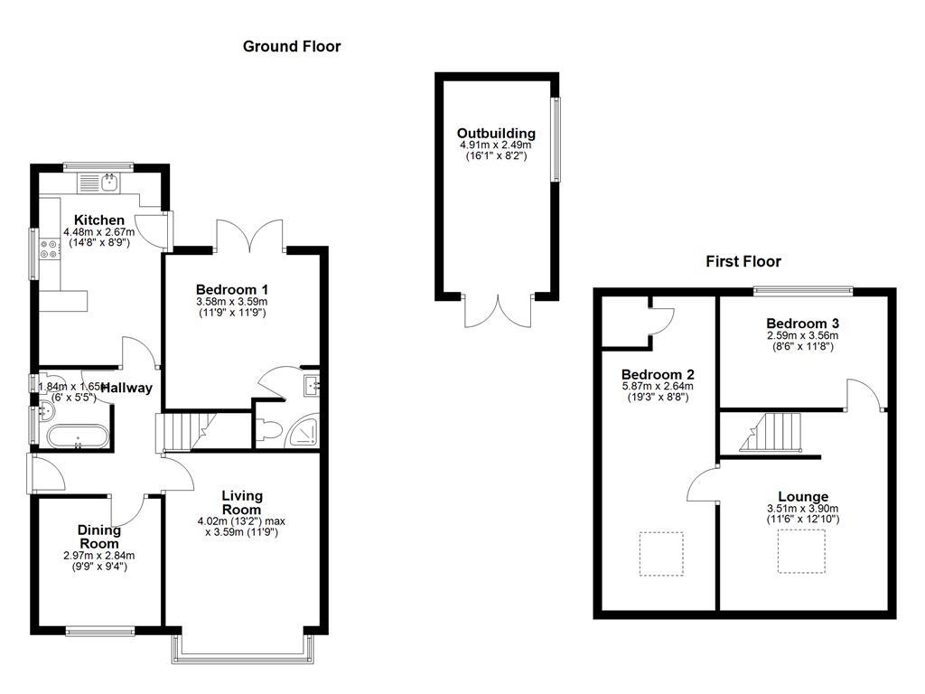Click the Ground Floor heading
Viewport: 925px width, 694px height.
(292, 46)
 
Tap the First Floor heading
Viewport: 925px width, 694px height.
(743, 262)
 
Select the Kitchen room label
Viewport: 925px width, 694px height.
(99, 220)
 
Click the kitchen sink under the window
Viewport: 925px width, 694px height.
(109, 183)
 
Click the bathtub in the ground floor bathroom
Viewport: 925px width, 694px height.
(78, 437)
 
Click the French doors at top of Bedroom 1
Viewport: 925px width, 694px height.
(251, 237)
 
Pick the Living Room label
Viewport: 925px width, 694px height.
(242, 502)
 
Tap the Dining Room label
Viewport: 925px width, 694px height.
(98, 537)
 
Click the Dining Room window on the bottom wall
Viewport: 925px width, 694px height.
(100, 631)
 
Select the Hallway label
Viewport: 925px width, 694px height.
(126, 389)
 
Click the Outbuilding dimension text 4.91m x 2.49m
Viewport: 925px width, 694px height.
(495, 145)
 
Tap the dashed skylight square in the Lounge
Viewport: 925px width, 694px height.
(801, 551)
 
